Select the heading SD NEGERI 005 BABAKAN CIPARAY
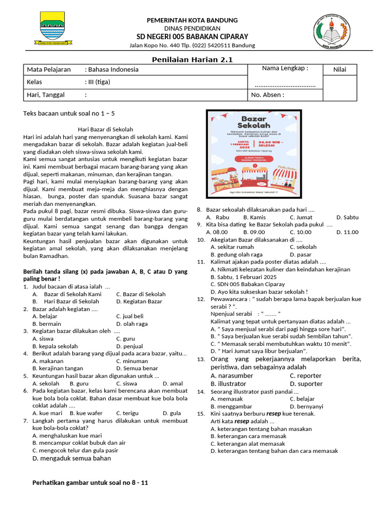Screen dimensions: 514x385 192,37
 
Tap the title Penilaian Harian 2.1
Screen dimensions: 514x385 192,60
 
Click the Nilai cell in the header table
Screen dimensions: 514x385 340,69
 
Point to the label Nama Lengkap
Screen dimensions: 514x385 285,68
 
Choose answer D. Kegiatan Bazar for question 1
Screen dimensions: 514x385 139,301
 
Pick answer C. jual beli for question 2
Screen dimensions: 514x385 129,316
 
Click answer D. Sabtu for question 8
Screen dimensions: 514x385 347,217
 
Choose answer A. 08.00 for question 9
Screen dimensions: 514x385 217,232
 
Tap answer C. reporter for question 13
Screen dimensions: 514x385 305,375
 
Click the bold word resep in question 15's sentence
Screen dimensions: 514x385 273,414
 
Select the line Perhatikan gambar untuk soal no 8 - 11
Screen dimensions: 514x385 90,483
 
